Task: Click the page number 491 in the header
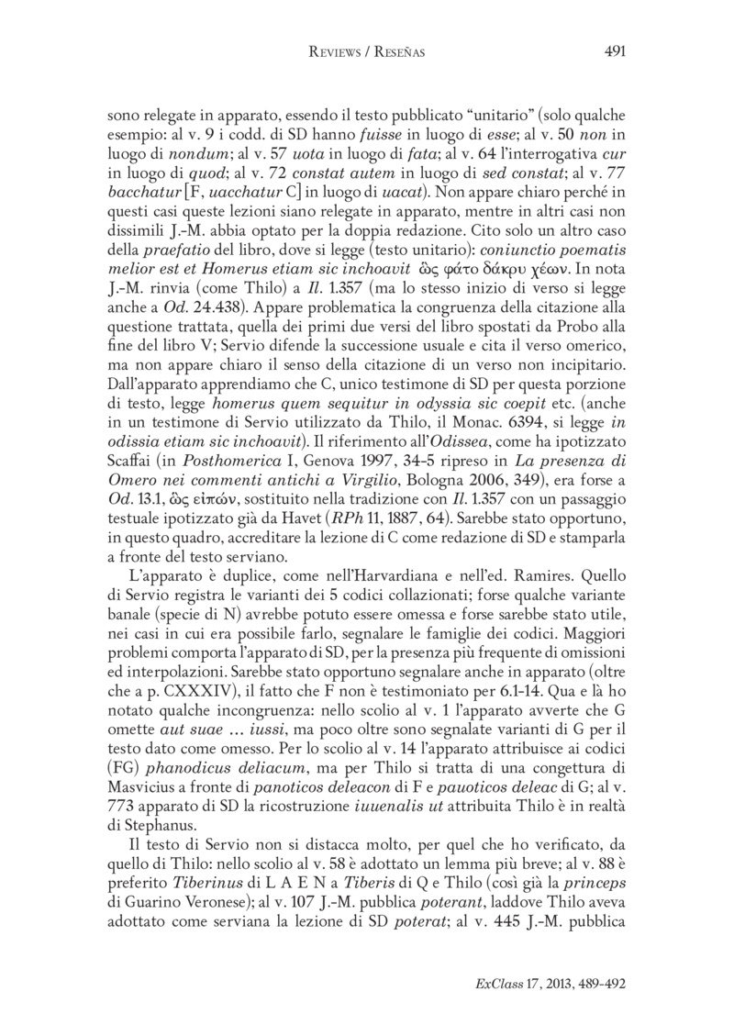[x=616, y=52]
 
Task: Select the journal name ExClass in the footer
[x=494, y=982]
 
